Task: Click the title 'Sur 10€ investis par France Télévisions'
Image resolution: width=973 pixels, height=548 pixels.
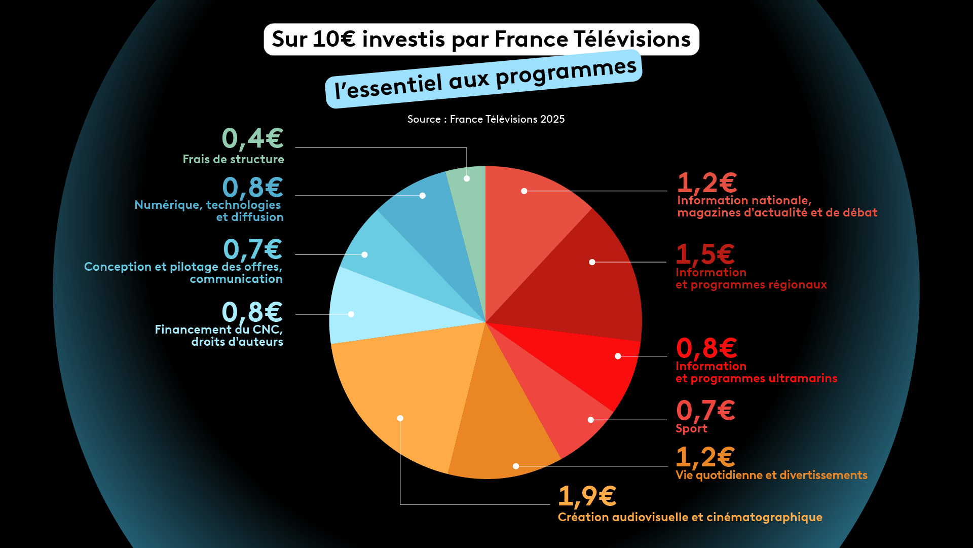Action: click(x=481, y=40)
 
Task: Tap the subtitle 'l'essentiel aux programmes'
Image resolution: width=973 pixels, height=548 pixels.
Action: click(x=484, y=79)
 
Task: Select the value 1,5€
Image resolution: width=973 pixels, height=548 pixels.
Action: click(x=705, y=254)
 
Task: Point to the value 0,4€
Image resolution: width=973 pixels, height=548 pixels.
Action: click(x=252, y=138)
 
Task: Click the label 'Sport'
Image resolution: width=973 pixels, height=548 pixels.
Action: click(x=691, y=429)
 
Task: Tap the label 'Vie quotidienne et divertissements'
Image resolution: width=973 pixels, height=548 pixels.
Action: click(x=771, y=476)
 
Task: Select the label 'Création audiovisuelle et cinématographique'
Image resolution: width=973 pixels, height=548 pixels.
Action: click(x=690, y=517)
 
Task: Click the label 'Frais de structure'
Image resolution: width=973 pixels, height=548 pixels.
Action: click(x=233, y=159)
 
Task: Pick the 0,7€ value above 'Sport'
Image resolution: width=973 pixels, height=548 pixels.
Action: click(x=705, y=410)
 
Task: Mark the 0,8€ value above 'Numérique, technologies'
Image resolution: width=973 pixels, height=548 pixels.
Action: click(x=252, y=187)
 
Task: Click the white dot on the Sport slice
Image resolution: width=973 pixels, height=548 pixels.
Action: click(x=590, y=420)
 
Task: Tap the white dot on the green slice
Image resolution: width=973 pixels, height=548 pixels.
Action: click(x=467, y=178)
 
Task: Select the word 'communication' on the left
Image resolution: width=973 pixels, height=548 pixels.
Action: click(x=236, y=279)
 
